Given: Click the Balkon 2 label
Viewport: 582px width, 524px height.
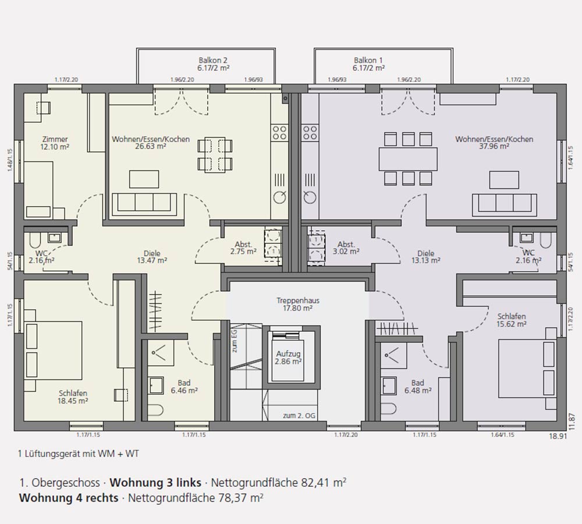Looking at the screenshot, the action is tap(213, 64).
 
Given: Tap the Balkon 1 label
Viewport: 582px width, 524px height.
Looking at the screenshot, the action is tap(368, 64).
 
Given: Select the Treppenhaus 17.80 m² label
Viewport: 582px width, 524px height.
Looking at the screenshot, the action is tap(297, 304).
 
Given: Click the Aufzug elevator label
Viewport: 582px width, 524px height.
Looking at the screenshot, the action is tap(288, 357).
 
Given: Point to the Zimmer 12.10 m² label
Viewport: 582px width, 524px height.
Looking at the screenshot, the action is tap(55, 143).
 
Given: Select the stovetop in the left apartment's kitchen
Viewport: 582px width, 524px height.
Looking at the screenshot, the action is tap(279, 133).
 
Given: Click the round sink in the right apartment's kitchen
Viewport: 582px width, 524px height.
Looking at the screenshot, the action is tap(310, 196).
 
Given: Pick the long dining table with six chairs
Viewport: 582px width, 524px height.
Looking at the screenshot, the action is tap(408, 158).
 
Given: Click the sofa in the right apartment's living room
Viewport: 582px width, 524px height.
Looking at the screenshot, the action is tap(505, 204).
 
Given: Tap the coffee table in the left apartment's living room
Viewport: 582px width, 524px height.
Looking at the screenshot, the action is tap(144, 179).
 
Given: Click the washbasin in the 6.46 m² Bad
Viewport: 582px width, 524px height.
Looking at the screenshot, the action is tap(156, 385).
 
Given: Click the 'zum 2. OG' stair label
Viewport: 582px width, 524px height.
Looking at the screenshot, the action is tap(299, 416).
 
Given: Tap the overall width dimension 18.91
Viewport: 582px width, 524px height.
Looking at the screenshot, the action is tap(558, 436).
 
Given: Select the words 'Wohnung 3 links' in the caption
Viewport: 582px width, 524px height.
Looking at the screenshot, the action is tap(155, 483).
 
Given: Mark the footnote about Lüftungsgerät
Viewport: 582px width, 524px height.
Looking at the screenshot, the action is tap(79, 454).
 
